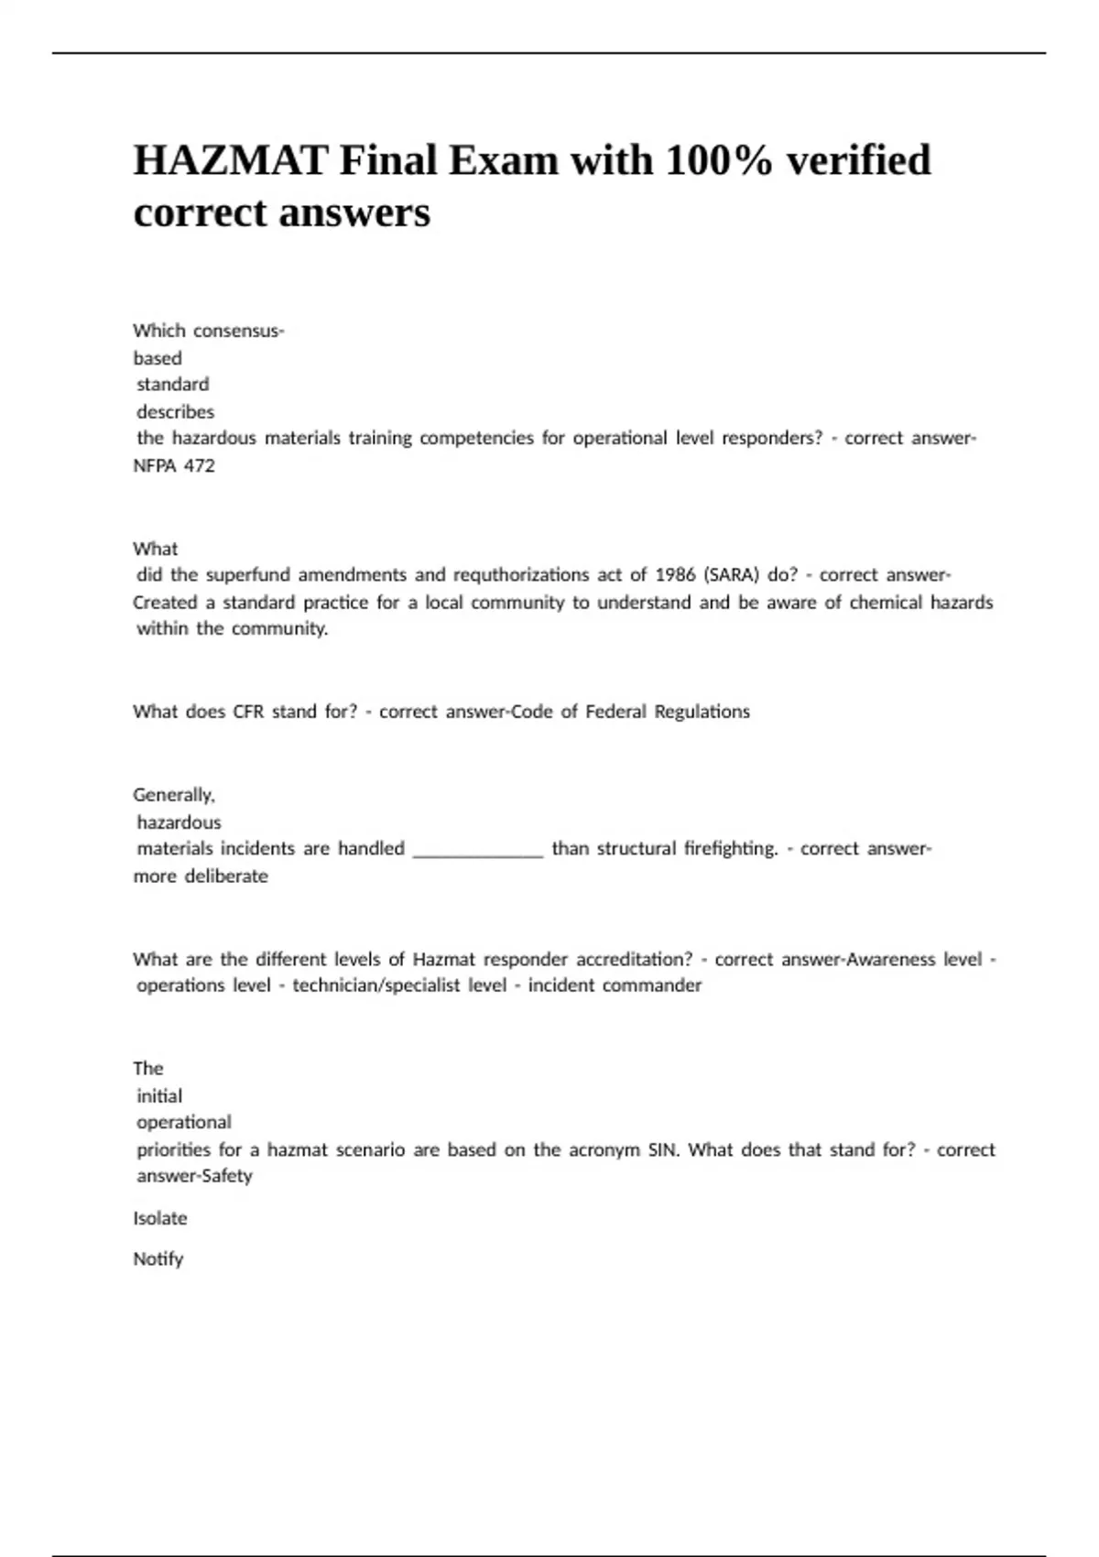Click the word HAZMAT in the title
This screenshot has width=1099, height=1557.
[231, 161]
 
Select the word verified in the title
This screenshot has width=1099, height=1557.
[859, 161]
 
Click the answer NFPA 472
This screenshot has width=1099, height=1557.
[174, 465]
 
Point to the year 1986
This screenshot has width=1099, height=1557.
[675, 575]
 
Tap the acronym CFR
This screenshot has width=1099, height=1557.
[248, 712]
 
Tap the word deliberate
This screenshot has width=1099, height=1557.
[226, 876]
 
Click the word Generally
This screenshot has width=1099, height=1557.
[174, 795]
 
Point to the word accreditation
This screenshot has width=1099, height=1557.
[634, 960]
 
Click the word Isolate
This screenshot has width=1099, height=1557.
[160, 1219]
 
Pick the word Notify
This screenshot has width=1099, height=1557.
[158, 1259]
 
